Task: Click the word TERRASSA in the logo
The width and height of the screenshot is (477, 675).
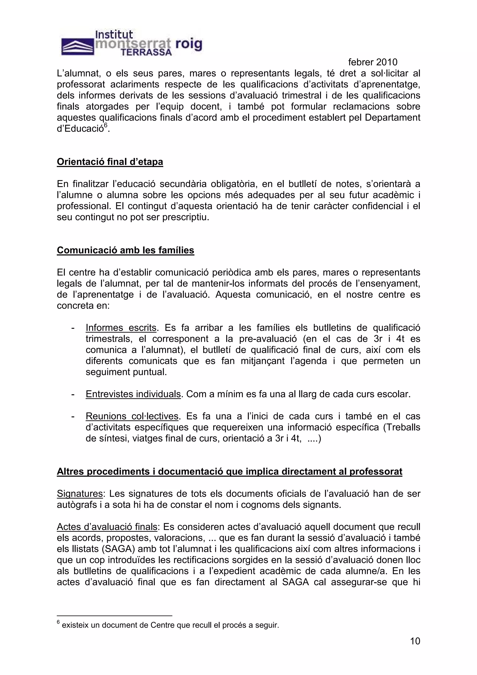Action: coord(146,53)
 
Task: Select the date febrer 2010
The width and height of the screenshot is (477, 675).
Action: coord(372,62)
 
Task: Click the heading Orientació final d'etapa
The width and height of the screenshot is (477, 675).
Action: coord(110,162)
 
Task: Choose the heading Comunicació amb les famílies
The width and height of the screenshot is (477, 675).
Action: coord(126,250)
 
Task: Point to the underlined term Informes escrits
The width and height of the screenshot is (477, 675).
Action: coord(121,327)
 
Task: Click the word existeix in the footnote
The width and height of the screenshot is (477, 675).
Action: coord(75,625)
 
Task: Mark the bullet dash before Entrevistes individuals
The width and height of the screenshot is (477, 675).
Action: coord(73,394)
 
